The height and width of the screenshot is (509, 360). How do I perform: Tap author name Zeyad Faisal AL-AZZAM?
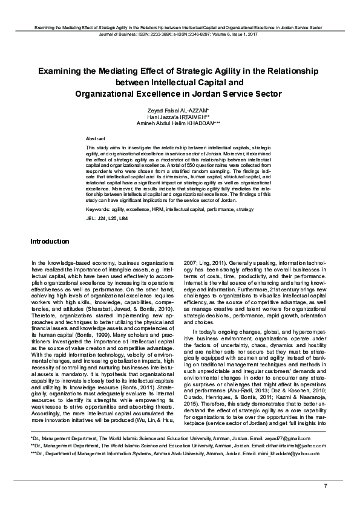click(x=179, y=110)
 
